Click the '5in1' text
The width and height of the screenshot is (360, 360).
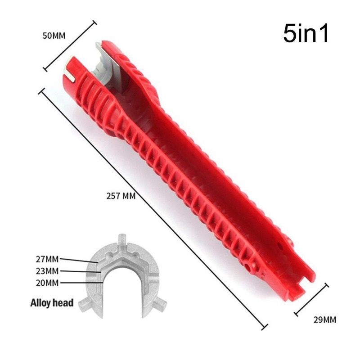point(306,34)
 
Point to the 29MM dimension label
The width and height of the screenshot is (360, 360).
point(324,320)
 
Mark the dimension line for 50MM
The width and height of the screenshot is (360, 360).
point(70,45)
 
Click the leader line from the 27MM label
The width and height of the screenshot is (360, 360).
point(79,260)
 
